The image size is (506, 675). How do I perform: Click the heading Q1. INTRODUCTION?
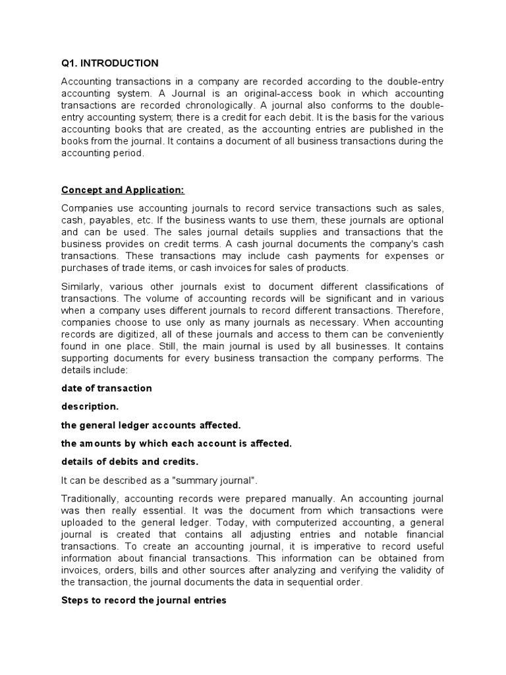[110, 63]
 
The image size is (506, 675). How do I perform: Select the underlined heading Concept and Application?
[123, 190]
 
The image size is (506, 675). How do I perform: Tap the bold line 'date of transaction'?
[107, 388]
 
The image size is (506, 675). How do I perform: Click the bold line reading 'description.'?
[90, 406]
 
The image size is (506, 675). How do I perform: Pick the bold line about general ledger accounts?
[152, 425]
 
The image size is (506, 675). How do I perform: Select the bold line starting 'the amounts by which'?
[176, 444]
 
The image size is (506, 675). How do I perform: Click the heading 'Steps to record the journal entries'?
[144, 600]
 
